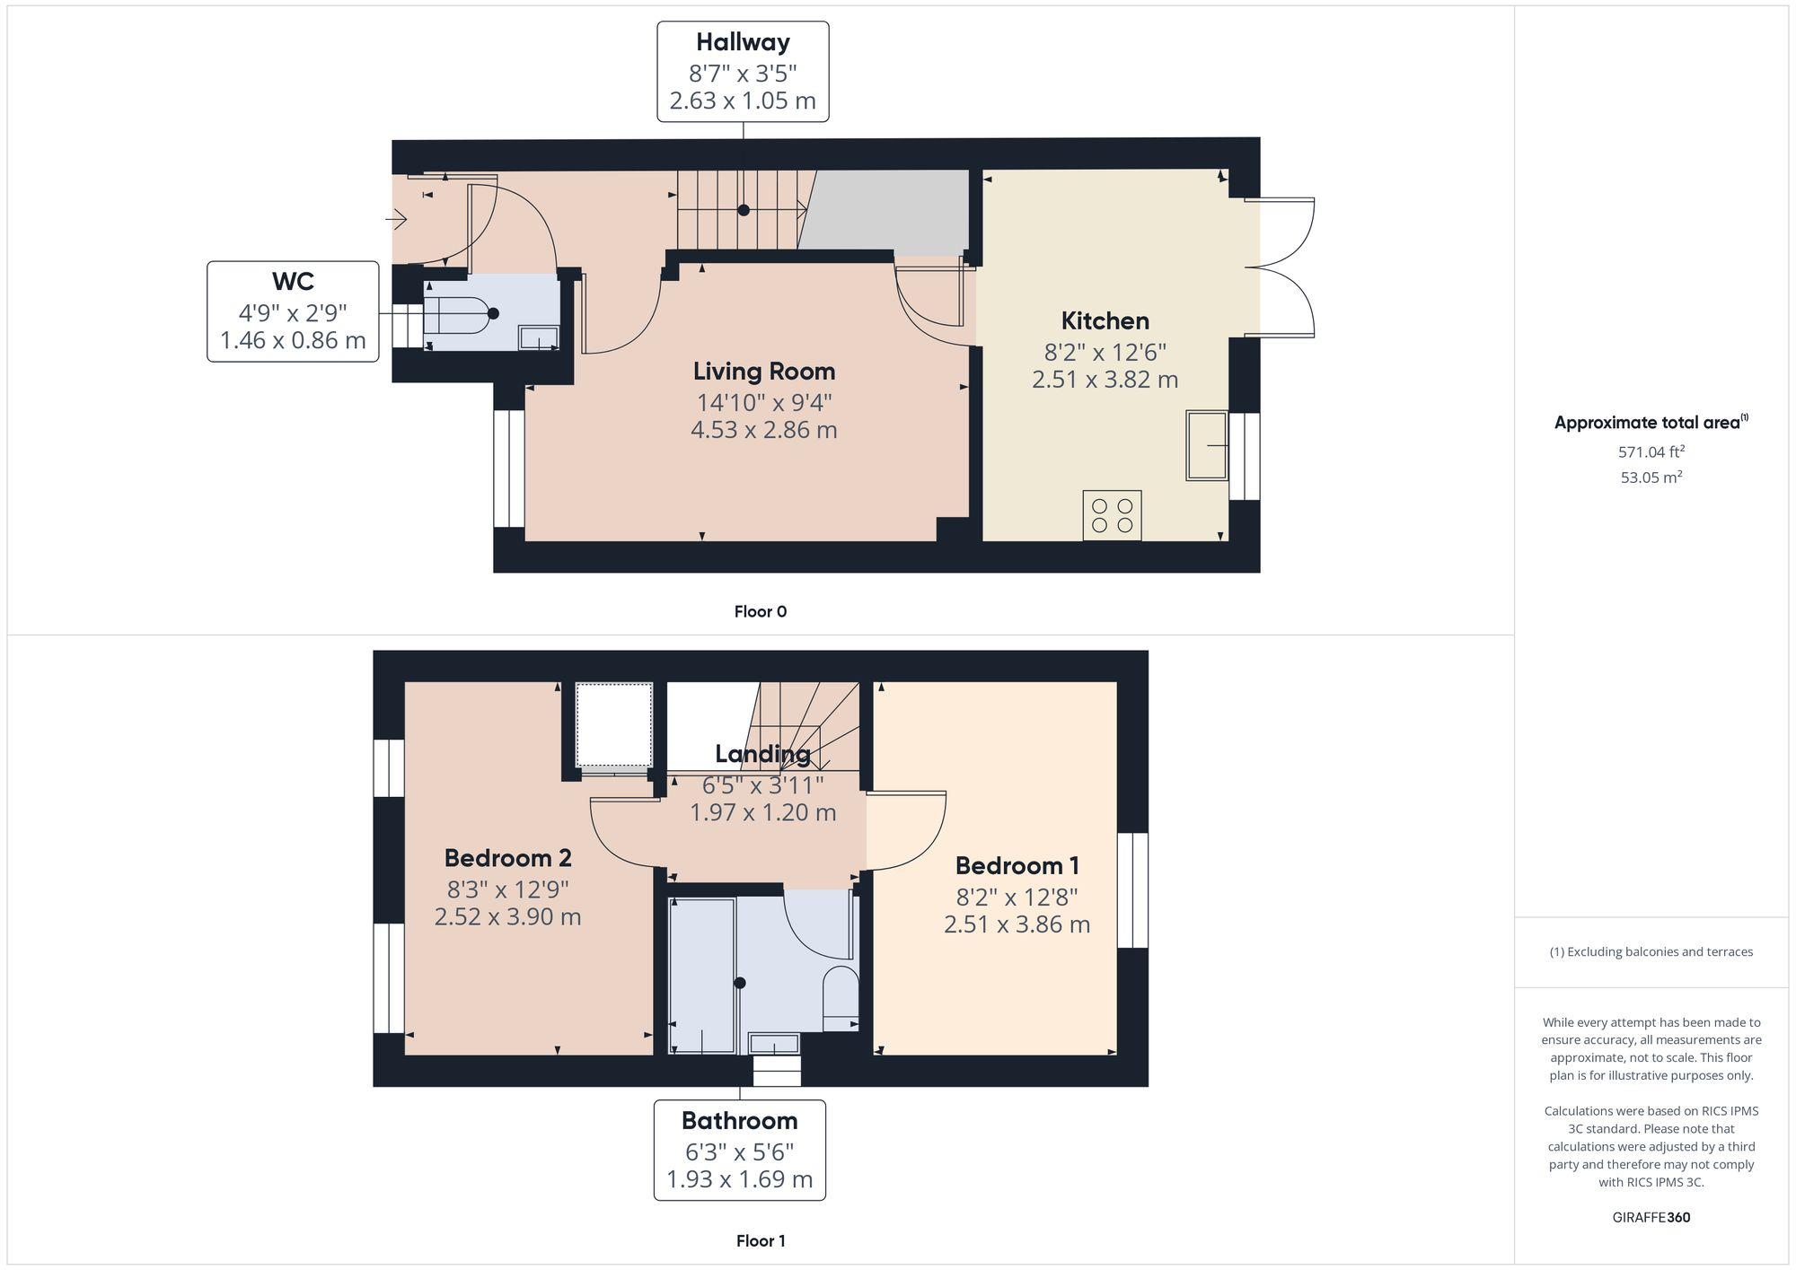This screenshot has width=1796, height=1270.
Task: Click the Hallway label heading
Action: click(x=743, y=42)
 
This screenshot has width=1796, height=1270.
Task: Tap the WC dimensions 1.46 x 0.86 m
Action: click(x=293, y=341)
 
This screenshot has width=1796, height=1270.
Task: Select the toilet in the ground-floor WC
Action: click(x=458, y=314)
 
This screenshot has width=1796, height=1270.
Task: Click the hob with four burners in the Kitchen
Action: click(x=1112, y=515)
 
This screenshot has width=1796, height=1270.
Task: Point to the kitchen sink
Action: click(x=1207, y=445)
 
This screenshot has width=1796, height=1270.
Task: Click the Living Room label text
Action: click(x=763, y=371)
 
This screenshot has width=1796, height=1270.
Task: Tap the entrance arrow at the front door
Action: click(x=396, y=218)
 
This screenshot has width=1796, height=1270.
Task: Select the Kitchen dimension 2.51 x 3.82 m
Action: click(x=1105, y=380)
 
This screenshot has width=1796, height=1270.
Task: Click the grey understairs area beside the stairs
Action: click(x=889, y=211)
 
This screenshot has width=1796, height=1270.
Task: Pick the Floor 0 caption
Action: click(x=760, y=611)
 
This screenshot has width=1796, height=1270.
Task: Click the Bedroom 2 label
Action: click(x=507, y=858)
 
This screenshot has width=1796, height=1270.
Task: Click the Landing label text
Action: click(x=762, y=754)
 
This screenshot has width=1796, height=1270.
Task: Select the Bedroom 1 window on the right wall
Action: click(x=1132, y=889)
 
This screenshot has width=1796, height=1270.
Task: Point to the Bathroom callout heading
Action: click(x=739, y=1120)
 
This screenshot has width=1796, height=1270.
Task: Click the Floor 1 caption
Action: click(x=760, y=1240)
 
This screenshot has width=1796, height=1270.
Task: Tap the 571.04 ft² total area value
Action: click(x=1651, y=452)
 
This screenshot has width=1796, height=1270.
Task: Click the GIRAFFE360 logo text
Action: click(x=1651, y=1217)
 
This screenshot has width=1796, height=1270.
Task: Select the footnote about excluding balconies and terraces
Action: click(x=1651, y=951)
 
